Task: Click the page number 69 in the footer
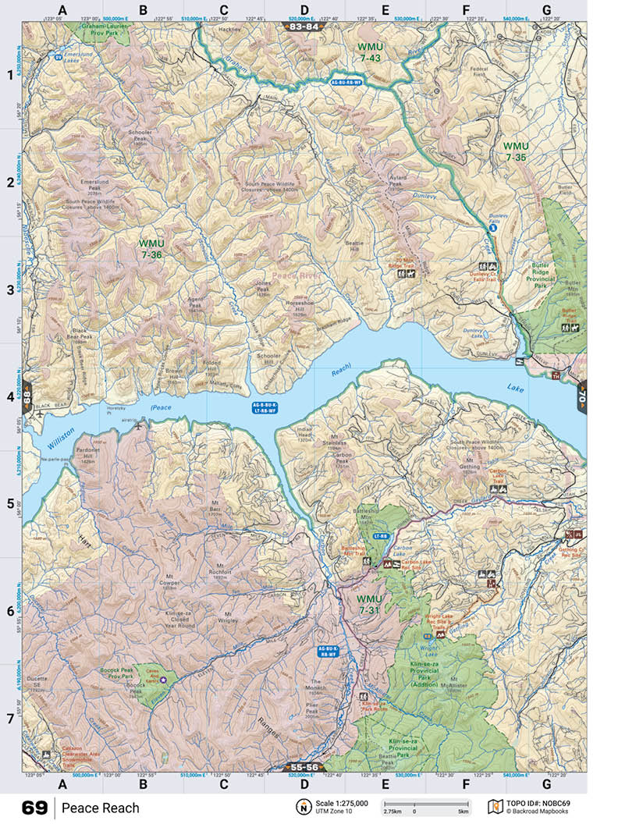pyautogui.click(x=34, y=808)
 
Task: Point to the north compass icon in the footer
pyautogui.click(x=301, y=807)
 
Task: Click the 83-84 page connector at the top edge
pyautogui.click(x=304, y=27)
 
